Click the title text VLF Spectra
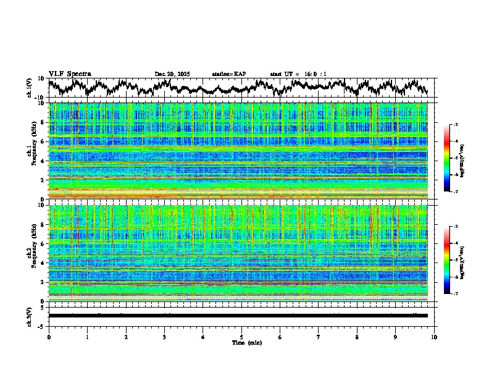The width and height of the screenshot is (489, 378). [x=70, y=73]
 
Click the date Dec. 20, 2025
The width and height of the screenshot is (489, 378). [x=172, y=74]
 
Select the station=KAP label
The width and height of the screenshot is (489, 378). [x=229, y=74]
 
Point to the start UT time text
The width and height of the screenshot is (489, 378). [x=298, y=74]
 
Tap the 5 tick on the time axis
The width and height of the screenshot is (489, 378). [x=241, y=337]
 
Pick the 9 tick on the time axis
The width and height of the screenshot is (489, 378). [x=396, y=337]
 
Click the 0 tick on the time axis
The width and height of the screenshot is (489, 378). [x=49, y=337]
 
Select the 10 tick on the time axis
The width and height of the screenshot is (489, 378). [x=435, y=337]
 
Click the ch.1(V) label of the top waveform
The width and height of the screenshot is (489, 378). [x=29, y=87]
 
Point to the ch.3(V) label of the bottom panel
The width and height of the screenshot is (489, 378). [x=29, y=315]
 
